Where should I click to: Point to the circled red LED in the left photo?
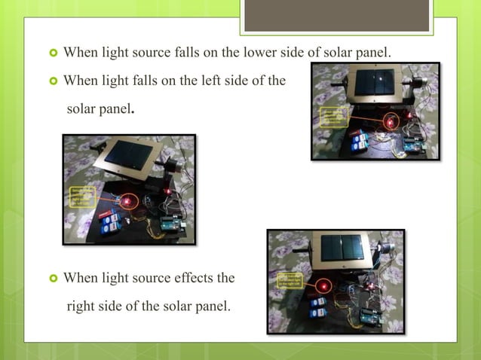127,201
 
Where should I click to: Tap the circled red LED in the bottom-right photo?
325,287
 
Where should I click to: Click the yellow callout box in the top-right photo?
332,118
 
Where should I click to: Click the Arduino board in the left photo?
170,224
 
